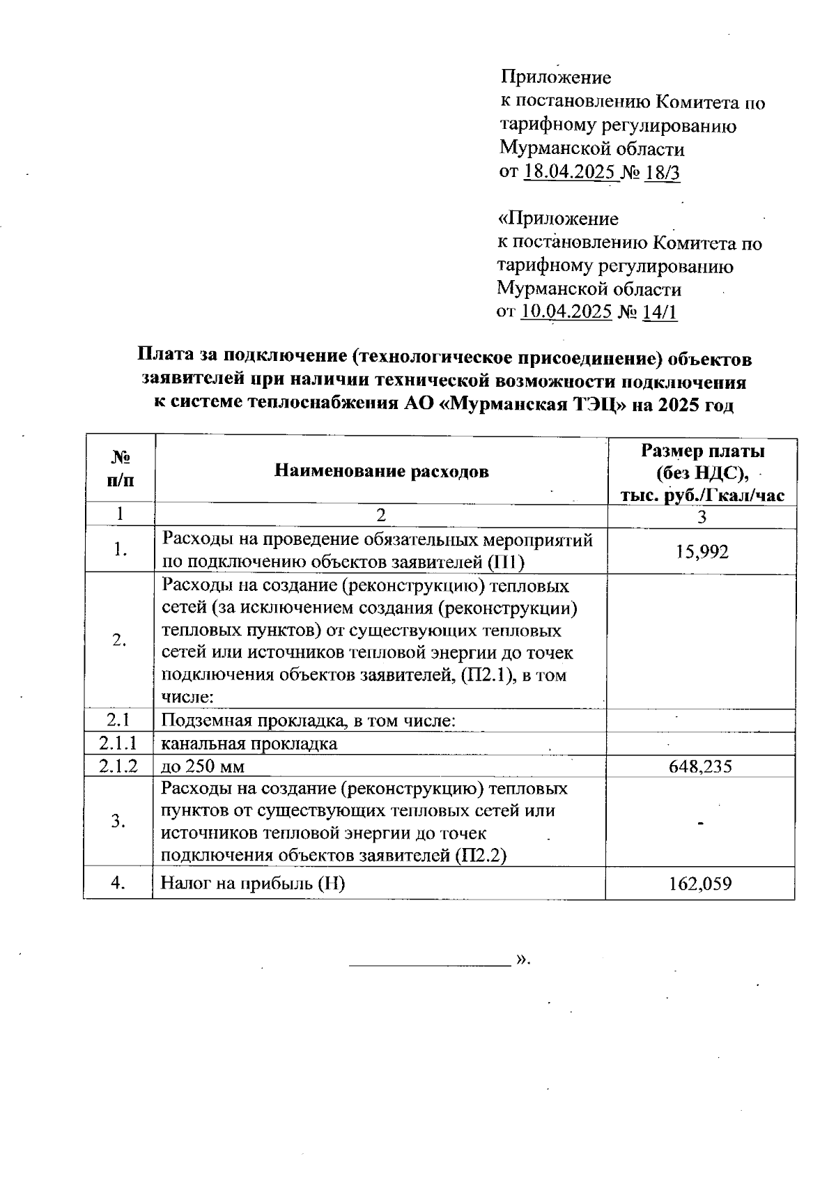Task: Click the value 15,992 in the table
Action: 702,552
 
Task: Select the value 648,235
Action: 700,767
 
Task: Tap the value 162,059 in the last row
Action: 700,884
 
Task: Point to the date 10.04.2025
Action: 566,311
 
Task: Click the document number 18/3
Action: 663,172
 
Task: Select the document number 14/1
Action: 660,311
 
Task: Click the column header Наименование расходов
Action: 381,471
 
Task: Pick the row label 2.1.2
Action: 118,767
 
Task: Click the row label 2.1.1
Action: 118,744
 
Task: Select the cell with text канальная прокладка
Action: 249,744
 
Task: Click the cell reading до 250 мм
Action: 203,767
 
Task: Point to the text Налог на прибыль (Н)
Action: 253,884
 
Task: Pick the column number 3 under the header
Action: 702,516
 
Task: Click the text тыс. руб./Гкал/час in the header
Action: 703,495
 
